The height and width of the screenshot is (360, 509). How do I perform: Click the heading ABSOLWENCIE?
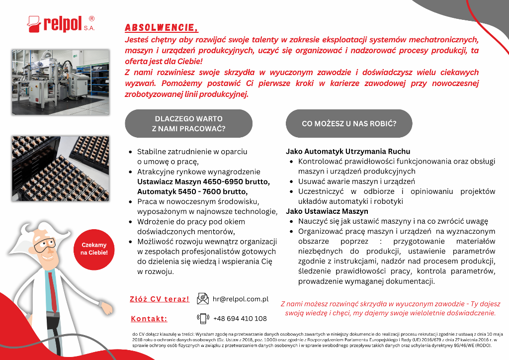(161, 27)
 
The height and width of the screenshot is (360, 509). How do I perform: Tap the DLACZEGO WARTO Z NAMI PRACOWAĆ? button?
(188, 124)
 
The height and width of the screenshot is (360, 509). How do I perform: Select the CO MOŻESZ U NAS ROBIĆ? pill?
(349, 124)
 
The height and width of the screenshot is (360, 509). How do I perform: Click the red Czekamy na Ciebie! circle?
(94, 249)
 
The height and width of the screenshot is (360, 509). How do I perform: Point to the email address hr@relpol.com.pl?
(241, 299)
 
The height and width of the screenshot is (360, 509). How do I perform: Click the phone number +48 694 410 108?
(240, 318)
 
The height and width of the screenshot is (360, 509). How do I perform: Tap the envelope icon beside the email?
(203, 299)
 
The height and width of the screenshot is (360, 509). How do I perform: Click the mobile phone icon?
(203, 318)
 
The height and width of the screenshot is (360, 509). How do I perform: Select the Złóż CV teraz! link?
(160, 299)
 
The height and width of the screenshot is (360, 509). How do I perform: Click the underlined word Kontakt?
(149, 319)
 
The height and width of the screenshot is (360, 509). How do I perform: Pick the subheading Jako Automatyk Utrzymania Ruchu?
(348, 151)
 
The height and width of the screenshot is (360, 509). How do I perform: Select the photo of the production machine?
(61, 82)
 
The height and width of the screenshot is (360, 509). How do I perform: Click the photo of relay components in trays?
(61, 168)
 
